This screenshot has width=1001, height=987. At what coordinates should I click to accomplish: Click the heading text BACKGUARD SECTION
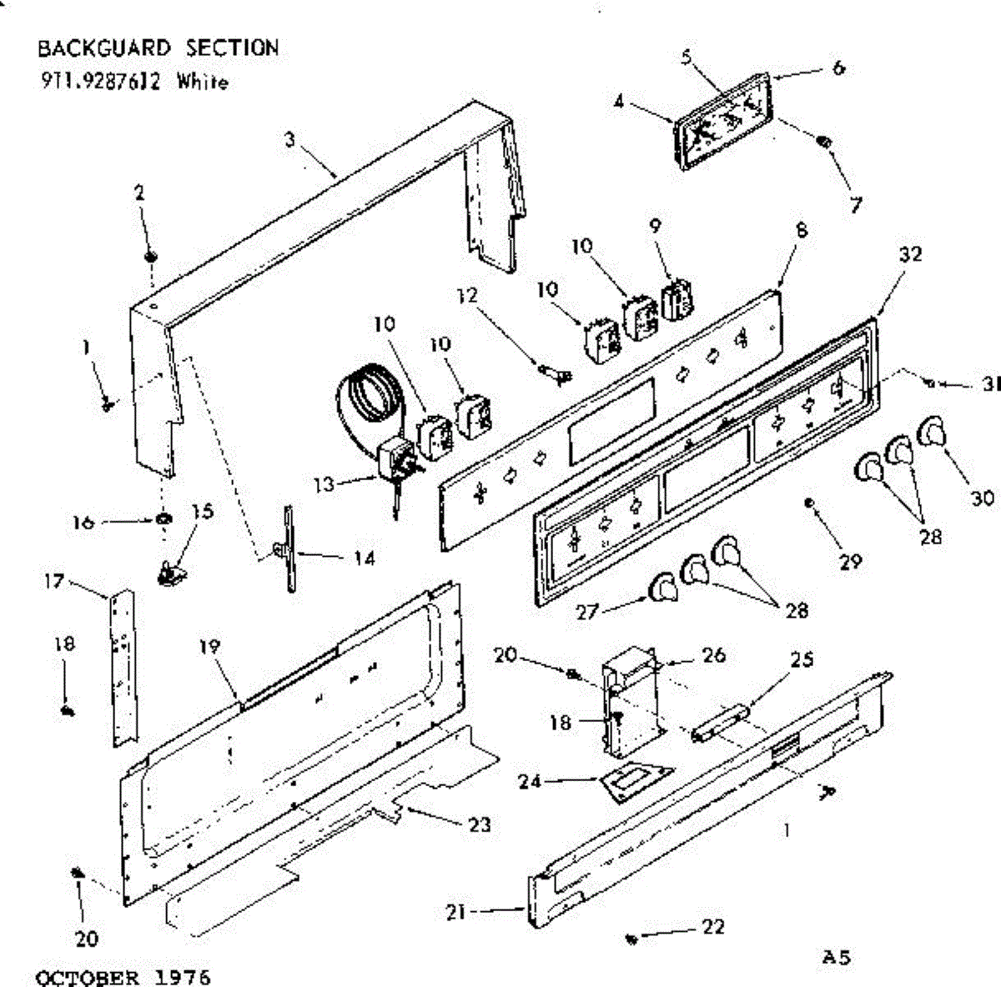coord(158,48)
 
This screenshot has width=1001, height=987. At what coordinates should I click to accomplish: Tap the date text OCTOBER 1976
coord(123,976)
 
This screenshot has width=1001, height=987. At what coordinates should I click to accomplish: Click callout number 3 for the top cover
coord(289,140)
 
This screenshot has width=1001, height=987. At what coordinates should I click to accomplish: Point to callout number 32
coord(910,254)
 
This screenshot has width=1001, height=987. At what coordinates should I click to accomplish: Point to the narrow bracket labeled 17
coord(123,667)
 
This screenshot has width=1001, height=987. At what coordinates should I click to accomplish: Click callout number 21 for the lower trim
coord(455,914)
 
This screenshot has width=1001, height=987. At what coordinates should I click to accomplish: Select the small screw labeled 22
coord(631,939)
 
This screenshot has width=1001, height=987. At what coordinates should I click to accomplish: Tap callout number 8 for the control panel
coord(802,231)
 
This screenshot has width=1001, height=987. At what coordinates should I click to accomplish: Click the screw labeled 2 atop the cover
coord(151,254)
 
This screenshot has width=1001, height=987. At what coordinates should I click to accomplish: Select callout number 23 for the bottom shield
coord(479,824)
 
